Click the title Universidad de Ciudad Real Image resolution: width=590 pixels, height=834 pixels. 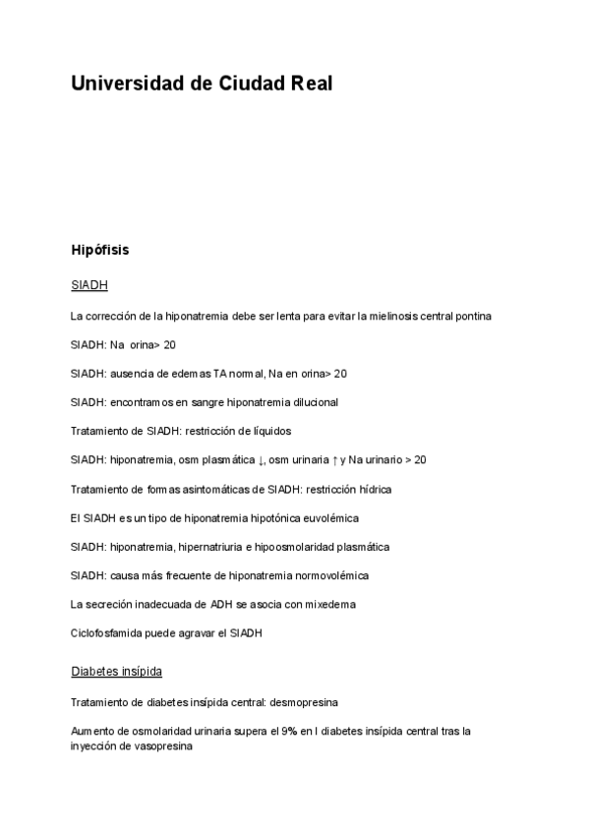click(x=202, y=85)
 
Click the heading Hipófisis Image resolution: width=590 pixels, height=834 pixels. click(x=99, y=250)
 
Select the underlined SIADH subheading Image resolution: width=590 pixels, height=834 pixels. click(x=89, y=285)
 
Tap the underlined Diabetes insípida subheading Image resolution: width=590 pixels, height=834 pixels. click(x=116, y=672)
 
